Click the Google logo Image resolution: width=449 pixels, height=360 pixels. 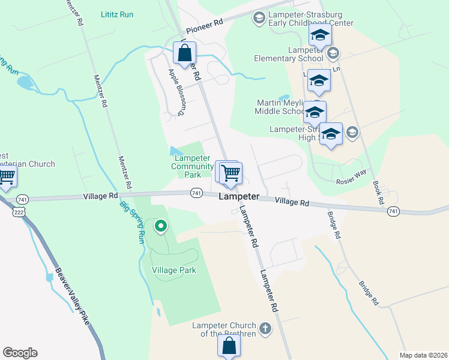20,353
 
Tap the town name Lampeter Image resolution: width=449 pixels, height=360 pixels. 239,197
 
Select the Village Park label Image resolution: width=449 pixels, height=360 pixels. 174,270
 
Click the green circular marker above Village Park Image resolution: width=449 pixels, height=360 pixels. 160,226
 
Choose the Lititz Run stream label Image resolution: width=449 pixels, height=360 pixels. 118,14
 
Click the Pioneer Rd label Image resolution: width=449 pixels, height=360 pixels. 204,25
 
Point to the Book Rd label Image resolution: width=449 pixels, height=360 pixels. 377,193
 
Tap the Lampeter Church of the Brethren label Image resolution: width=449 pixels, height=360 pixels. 223,329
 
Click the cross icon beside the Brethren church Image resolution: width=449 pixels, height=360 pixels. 265,329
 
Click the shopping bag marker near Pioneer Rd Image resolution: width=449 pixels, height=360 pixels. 183,53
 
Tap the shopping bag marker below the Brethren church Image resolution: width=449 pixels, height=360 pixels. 229,346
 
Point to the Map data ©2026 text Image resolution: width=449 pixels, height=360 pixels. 423,355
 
